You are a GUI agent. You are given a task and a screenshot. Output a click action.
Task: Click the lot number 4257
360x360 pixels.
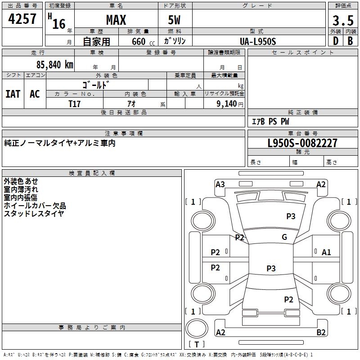tap(22, 19)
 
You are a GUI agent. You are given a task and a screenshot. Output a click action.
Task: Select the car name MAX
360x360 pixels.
tap(116, 20)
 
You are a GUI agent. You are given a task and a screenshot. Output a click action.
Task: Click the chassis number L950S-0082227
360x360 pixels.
tap(302, 144)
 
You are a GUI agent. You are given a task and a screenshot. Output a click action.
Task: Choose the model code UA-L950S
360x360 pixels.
tap(258, 41)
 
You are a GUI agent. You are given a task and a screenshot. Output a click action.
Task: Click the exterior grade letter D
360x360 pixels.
tap(335, 41)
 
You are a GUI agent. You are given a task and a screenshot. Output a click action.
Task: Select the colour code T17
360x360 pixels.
tap(74, 103)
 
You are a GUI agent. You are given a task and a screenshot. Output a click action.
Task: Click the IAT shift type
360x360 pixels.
tap(13, 94)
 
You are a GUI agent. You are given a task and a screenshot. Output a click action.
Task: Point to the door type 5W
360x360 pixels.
tap(175, 20)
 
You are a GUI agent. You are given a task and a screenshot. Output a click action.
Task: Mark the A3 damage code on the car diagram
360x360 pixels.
tap(220, 184)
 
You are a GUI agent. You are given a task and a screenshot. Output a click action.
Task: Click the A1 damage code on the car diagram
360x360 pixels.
tap(326, 252)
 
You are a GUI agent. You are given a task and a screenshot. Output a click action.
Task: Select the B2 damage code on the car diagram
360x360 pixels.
tap(321, 333)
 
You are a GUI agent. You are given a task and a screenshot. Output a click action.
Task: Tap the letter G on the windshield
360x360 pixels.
tap(284, 237)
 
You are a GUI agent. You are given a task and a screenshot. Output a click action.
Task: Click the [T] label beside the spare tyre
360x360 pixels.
tap(197, 344)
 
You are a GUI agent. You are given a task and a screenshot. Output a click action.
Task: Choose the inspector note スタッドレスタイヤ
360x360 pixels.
tap(34, 214)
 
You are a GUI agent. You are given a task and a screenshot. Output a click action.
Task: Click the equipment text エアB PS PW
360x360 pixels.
tap(270, 121)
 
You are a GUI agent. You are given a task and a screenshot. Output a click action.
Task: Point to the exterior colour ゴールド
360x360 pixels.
tap(95, 84)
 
